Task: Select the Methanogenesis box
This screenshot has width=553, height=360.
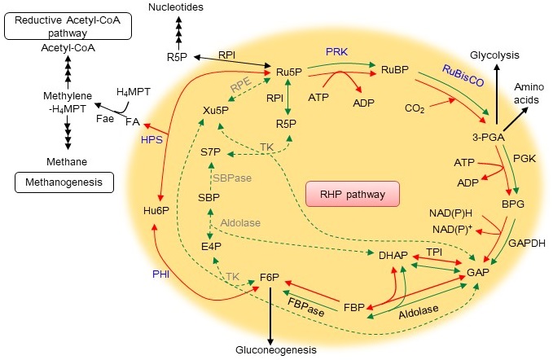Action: [x=62, y=182]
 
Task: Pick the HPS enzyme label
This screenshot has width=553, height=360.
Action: [x=151, y=139]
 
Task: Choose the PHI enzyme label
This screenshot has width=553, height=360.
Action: [x=160, y=274]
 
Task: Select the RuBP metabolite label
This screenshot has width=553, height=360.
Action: [x=395, y=71]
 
